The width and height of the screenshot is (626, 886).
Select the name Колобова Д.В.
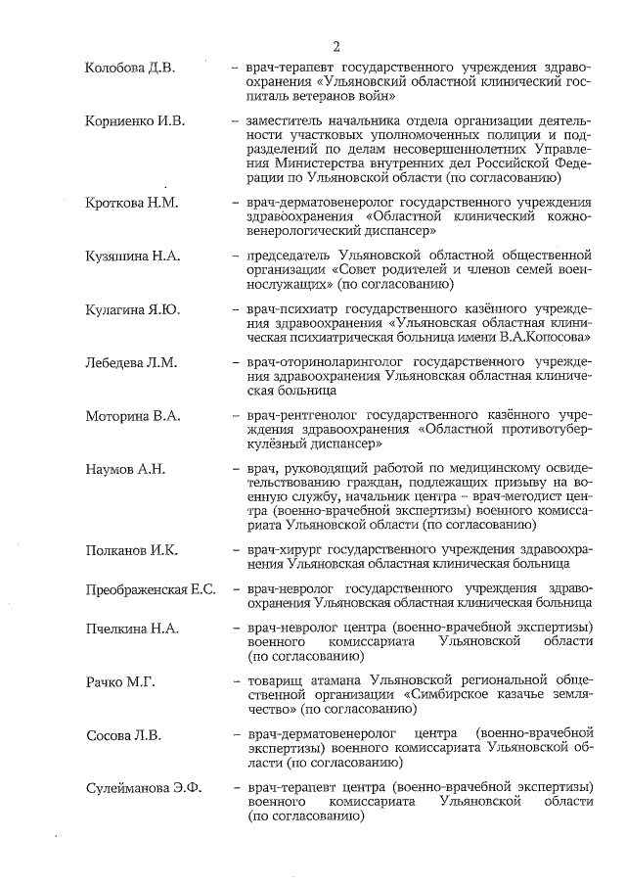coord(130,68)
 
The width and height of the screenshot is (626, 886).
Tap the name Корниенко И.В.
coord(136,120)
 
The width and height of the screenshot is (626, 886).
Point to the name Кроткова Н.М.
coord(132,203)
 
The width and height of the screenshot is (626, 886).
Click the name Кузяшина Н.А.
coord(134,256)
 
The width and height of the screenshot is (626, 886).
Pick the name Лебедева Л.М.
coord(131,362)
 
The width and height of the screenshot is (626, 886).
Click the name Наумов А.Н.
coord(125,469)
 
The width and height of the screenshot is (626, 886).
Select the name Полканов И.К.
coord(131,550)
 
